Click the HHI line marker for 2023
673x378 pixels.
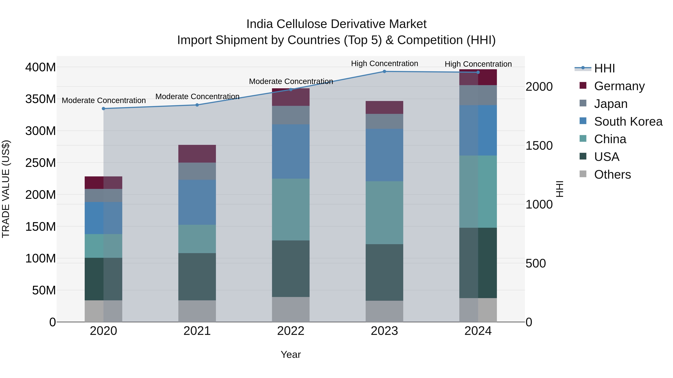[x=384, y=71]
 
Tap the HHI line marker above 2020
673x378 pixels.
[x=103, y=108]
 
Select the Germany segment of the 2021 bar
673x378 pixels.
[x=197, y=154]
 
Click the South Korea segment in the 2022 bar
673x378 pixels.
[x=291, y=151]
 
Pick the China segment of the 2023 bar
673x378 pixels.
[x=384, y=213]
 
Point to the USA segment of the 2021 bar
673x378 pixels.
[x=197, y=276]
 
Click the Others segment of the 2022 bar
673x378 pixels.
[x=291, y=309]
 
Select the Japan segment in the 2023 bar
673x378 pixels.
[x=384, y=121]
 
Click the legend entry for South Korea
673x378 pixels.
[x=628, y=122]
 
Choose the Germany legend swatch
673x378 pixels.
[x=583, y=85]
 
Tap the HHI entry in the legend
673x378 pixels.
[x=604, y=68]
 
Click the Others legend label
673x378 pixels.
[x=612, y=175]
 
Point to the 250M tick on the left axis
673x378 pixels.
[x=41, y=163]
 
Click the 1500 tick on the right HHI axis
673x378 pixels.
[x=539, y=146]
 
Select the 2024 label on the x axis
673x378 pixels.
[x=478, y=331]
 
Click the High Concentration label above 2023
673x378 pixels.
[x=384, y=63]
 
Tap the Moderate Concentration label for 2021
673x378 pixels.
[x=197, y=97]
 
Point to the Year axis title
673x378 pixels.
[x=291, y=354]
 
